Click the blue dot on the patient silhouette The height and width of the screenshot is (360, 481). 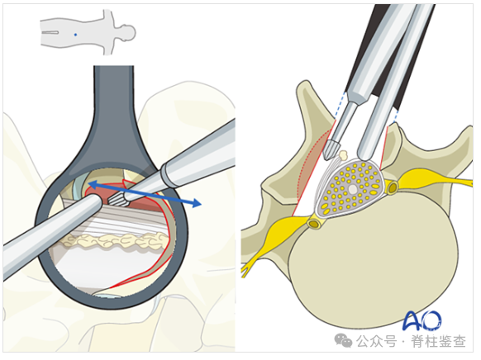pyautogui.click(x=75, y=35)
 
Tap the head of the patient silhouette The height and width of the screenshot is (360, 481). pyautogui.click(x=127, y=32)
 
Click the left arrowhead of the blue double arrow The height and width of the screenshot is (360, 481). pyautogui.click(x=92, y=184)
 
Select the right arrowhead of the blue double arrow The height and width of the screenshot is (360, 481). pyautogui.click(x=197, y=202)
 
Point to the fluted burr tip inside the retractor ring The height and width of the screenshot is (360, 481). pyautogui.click(x=117, y=200)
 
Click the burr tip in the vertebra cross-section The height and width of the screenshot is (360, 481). pyautogui.click(x=331, y=150)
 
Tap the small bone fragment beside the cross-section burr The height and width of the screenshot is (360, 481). pyautogui.click(x=343, y=155)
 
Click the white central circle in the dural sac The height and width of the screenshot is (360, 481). pyautogui.click(x=353, y=189)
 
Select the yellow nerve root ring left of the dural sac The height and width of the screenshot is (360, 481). pyautogui.click(x=314, y=224)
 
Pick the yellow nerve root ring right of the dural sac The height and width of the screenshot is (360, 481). pyautogui.click(x=393, y=187)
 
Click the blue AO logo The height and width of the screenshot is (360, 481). pyautogui.click(x=422, y=320)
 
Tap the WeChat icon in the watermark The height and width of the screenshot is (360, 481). pyautogui.click(x=343, y=340)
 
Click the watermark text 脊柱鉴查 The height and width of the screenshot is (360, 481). pyautogui.click(x=438, y=341)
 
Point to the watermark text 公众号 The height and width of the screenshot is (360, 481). pyautogui.click(x=376, y=341)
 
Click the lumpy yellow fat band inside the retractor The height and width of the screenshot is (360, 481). pyautogui.click(x=114, y=240)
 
